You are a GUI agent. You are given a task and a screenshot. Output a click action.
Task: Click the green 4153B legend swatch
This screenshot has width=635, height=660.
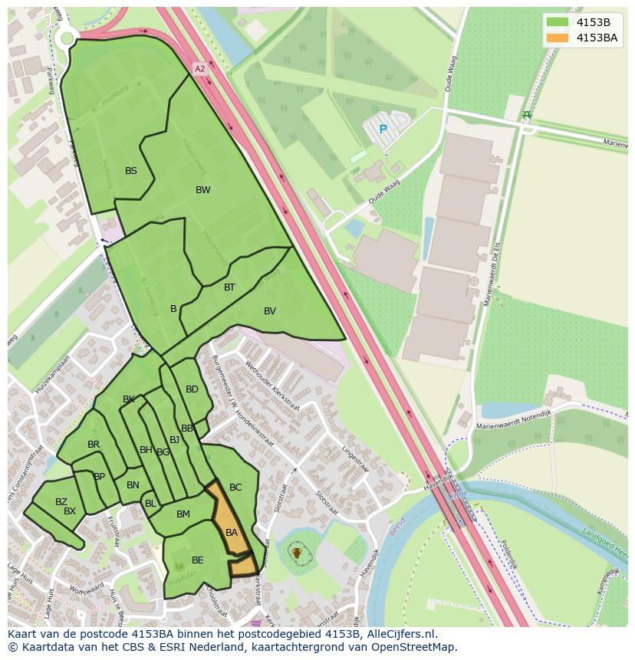(558, 22)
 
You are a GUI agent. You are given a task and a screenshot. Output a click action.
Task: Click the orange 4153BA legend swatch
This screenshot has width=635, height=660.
(558, 38)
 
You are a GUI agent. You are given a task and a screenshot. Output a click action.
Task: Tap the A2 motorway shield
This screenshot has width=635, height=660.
(200, 69)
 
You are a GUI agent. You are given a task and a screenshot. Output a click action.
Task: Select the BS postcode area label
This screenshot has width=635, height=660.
(131, 171)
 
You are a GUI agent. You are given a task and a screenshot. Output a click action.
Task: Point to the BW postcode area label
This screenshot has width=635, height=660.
(202, 190)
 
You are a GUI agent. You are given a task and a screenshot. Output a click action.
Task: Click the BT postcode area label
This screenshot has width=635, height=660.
(229, 287)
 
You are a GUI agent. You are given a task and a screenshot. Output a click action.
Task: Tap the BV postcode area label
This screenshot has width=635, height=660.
(270, 311)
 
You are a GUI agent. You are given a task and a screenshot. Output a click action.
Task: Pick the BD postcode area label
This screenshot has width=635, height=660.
(192, 389)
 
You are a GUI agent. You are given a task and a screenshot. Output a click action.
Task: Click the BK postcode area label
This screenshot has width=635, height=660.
(129, 399)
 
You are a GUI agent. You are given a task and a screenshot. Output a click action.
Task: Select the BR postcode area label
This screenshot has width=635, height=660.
(94, 445)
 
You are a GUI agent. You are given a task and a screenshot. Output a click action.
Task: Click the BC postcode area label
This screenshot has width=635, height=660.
(235, 488)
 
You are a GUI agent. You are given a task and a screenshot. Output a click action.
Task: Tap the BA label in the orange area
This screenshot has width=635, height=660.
(232, 533)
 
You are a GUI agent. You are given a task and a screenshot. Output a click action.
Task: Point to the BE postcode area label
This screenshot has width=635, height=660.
(198, 560)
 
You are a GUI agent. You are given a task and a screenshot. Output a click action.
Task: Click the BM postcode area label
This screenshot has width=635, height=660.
(183, 514)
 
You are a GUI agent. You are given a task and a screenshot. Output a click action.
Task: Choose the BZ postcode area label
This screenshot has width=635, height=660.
(61, 502)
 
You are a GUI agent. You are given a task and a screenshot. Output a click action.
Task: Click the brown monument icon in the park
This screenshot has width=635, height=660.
(297, 552)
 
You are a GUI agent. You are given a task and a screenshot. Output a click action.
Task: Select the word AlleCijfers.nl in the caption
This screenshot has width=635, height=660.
(400, 634)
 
